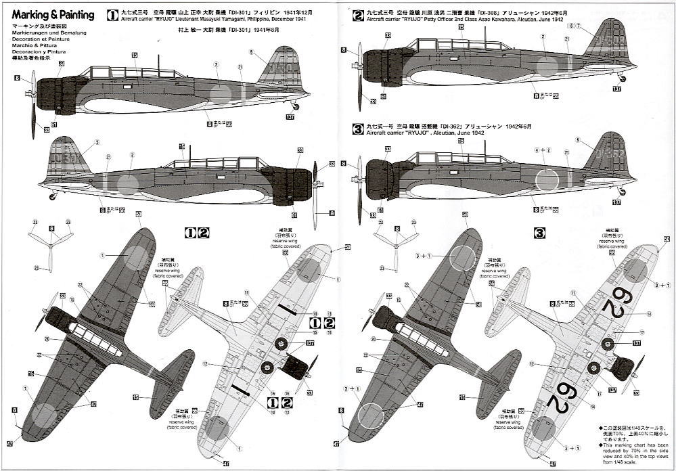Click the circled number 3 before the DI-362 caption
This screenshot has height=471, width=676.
(x=358, y=128)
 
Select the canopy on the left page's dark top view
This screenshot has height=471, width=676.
(x=95, y=339)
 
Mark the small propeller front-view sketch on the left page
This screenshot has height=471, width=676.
(x=51, y=247)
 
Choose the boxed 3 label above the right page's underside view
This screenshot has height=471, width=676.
(x=539, y=234)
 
